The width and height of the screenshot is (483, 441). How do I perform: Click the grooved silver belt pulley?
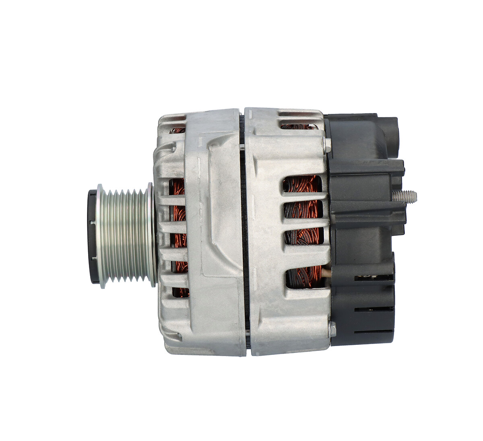click(125, 235)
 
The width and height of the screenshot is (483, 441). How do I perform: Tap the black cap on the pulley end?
click(93, 236)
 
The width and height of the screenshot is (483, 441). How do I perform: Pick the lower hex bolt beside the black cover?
click(332, 330)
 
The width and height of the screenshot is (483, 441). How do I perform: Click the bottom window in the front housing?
click(180, 292)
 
